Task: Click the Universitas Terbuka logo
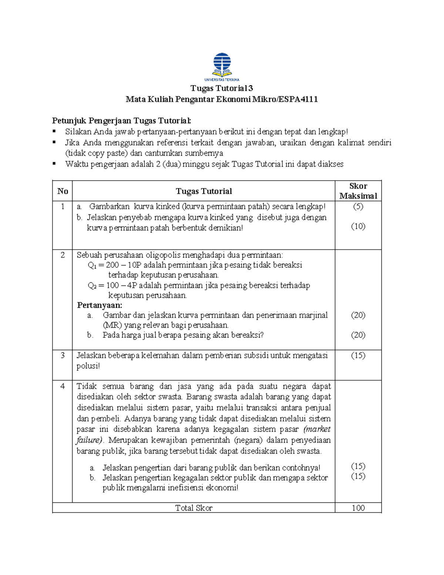(222, 67)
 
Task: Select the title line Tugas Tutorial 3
(222, 88)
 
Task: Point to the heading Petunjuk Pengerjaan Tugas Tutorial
(122, 121)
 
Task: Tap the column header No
(63, 191)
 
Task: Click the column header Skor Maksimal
(358, 191)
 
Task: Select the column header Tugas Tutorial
(203, 191)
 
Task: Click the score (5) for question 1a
(358, 207)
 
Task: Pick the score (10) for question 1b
(358, 226)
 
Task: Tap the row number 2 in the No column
(63, 255)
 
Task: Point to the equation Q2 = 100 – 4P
(112, 285)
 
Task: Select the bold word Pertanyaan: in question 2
(100, 305)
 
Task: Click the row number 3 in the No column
(63, 355)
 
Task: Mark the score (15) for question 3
(358, 355)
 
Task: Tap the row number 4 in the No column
(63, 386)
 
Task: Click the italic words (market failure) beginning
(317, 429)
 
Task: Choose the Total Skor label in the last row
(194, 508)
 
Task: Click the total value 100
(358, 508)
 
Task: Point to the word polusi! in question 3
(88, 366)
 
